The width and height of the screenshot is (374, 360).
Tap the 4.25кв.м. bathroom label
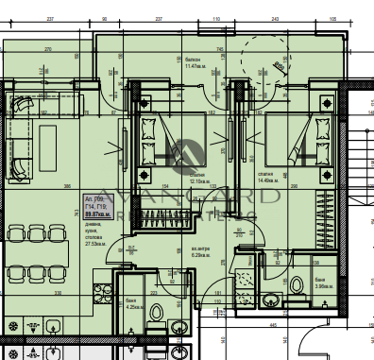tap(133, 303)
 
